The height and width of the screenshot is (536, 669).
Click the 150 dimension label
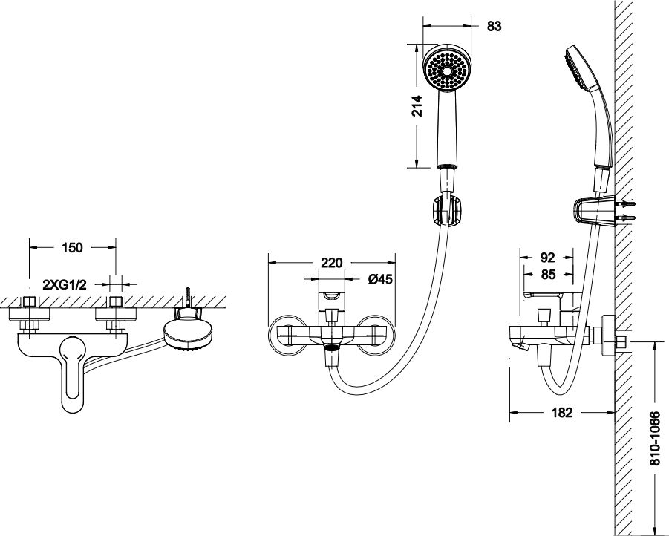click(x=72, y=248)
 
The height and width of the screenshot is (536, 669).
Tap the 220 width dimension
click(x=331, y=261)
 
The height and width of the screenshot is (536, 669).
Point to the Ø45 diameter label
click(x=379, y=280)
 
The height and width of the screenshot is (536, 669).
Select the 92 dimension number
click(x=547, y=258)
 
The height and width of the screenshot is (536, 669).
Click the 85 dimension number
click(x=547, y=274)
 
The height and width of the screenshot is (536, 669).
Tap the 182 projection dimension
click(x=563, y=413)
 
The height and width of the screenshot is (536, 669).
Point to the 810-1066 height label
click(x=655, y=439)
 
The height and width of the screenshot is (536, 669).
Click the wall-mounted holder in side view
click(x=593, y=210)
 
